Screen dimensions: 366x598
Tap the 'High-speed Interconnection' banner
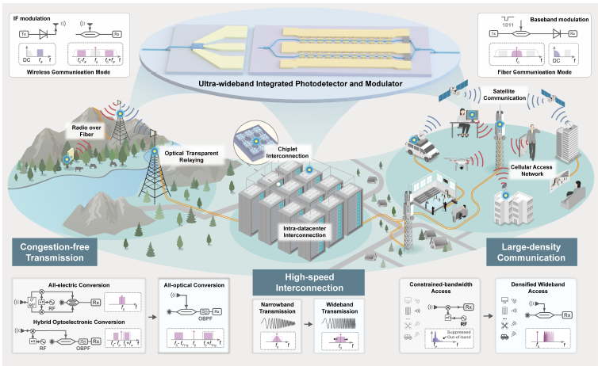tap(308, 282)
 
